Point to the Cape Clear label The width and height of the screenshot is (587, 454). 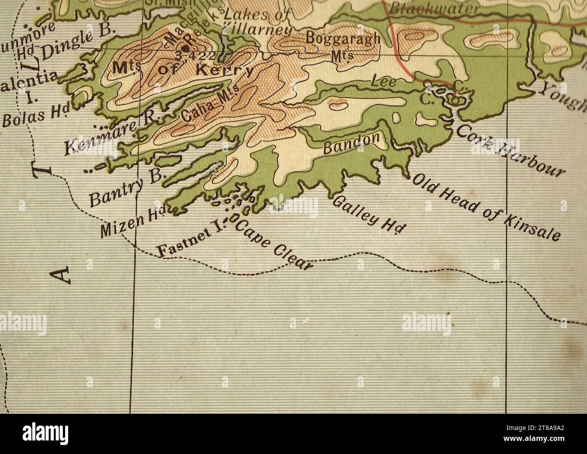click(x=273, y=246)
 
